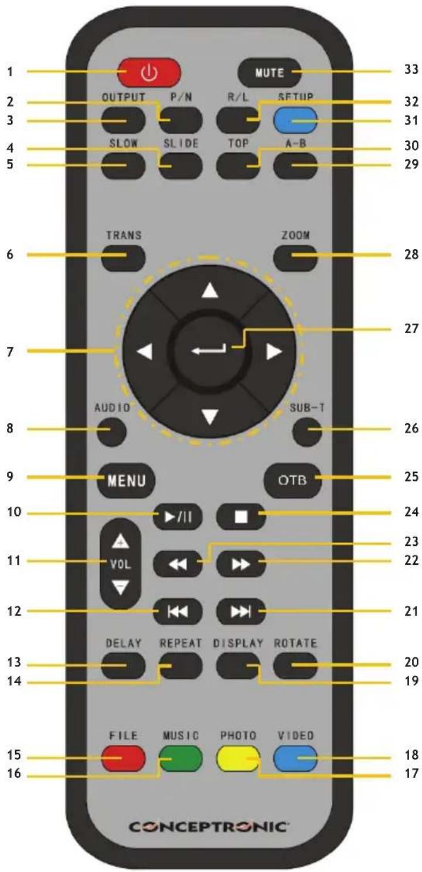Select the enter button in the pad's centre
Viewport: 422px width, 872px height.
click(x=209, y=352)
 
